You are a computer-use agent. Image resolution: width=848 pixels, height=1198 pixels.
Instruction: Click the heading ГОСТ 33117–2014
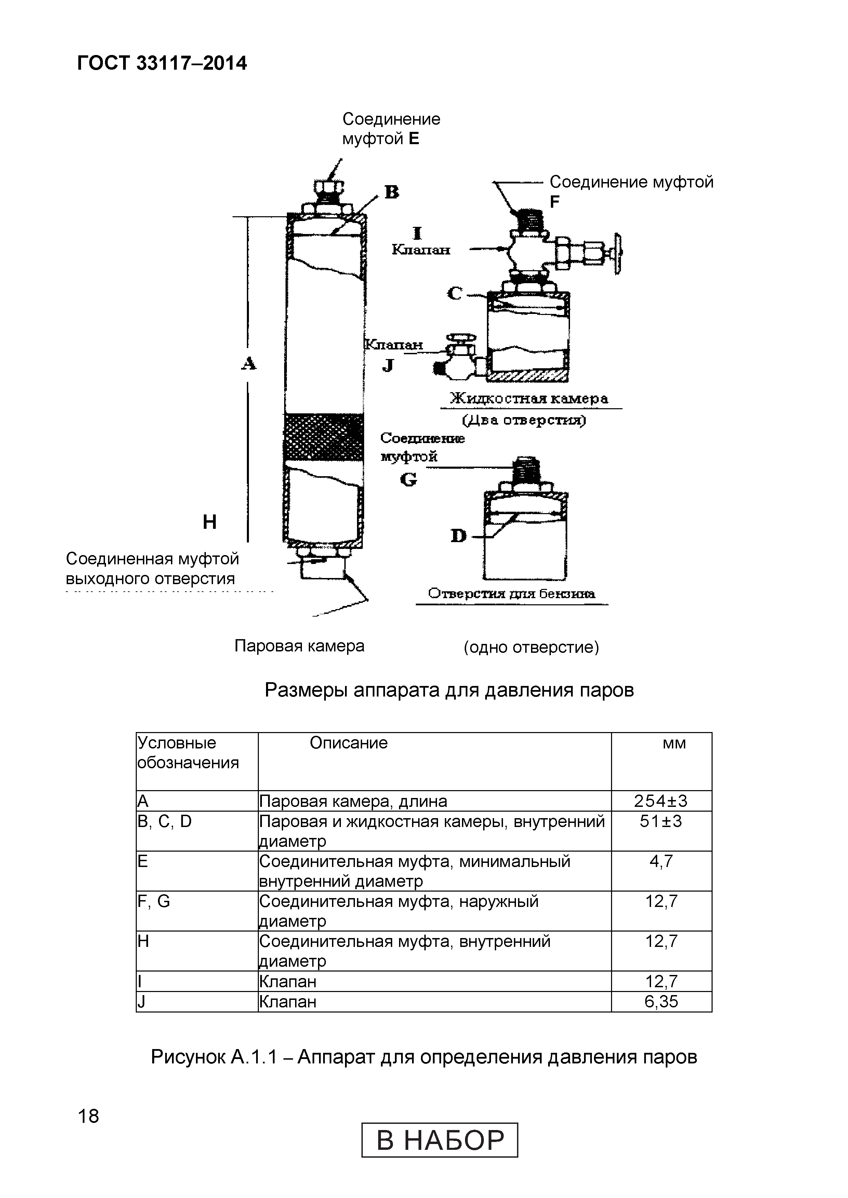click(x=162, y=64)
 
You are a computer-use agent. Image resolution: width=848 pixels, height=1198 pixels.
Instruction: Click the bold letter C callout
click(x=454, y=294)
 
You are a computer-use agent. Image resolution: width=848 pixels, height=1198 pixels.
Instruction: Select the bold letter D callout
click(x=459, y=535)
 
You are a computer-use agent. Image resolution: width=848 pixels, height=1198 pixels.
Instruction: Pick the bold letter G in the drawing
click(x=408, y=479)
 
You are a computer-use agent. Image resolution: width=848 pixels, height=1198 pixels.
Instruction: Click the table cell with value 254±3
click(x=661, y=800)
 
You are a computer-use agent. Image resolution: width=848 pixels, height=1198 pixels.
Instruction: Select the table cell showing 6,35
click(x=661, y=1001)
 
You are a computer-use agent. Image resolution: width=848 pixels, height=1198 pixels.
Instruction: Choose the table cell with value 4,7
click(x=661, y=861)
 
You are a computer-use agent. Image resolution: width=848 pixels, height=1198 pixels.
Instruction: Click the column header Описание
click(x=348, y=743)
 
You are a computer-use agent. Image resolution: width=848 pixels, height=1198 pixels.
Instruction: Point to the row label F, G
click(x=154, y=901)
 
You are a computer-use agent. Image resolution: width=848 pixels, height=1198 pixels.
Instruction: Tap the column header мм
click(x=674, y=743)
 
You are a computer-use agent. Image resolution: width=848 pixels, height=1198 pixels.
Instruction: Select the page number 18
click(x=88, y=1116)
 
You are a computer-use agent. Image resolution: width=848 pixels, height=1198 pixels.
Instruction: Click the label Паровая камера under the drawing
click(x=299, y=646)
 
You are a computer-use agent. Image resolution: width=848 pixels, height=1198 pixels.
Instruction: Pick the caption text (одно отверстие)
click(x=531, y=647)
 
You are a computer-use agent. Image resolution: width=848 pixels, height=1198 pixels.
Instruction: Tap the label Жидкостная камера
click(x=529, y=399)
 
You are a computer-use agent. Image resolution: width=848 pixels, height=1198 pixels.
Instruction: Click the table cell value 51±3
click(x=661, y=821)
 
